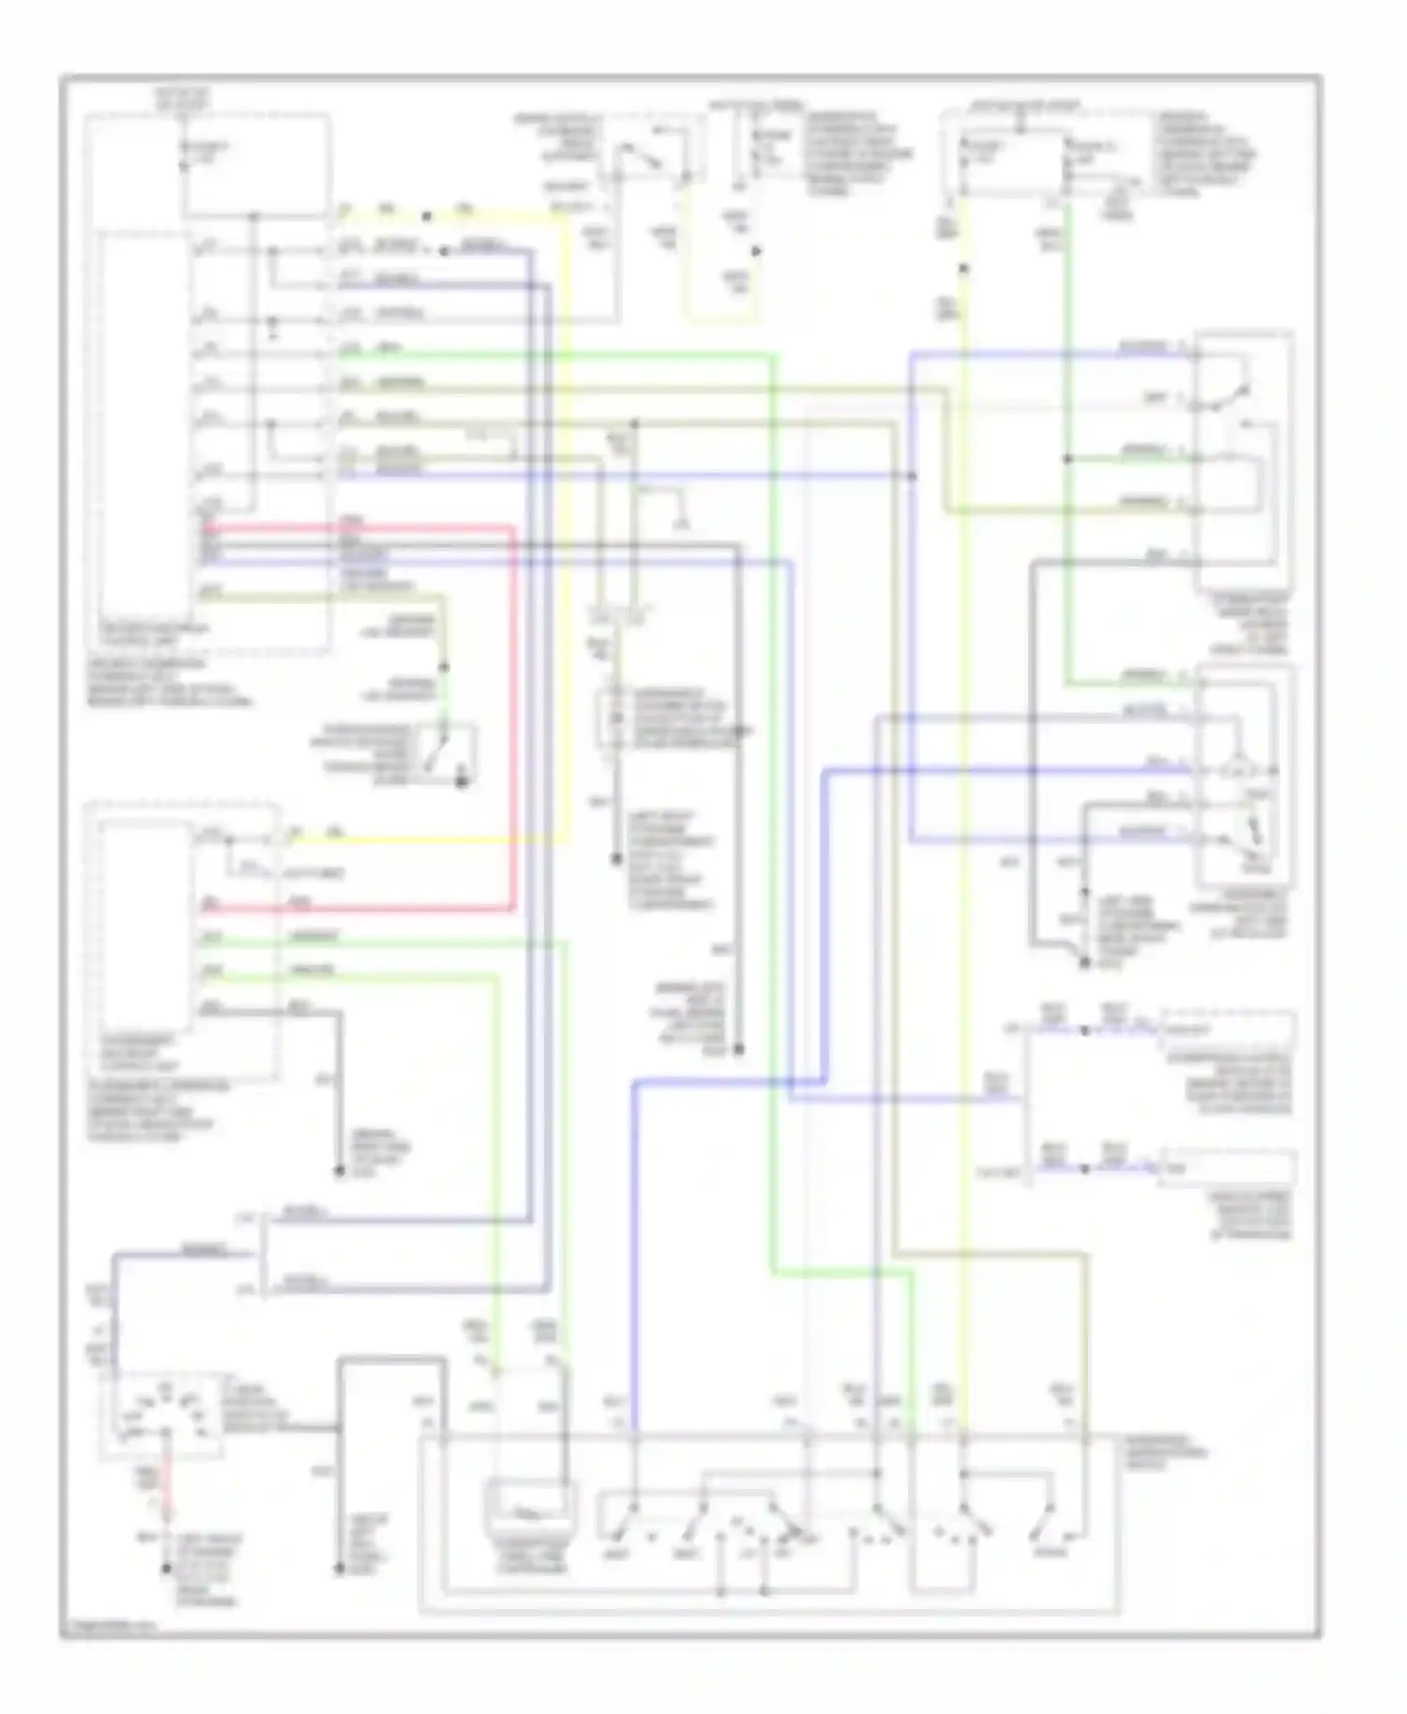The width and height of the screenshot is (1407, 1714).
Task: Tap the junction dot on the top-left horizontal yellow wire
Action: click(427, 217)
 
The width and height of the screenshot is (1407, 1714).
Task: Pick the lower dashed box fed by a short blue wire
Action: click(1228, 1168)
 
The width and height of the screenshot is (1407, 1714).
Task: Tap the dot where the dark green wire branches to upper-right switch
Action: click(1067, 459)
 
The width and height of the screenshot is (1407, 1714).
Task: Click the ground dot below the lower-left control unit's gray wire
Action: click(339, 1171)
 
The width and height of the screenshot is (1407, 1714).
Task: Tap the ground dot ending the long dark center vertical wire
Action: click(738, 1050)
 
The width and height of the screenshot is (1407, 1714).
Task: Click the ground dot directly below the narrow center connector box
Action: click(616, 859)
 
